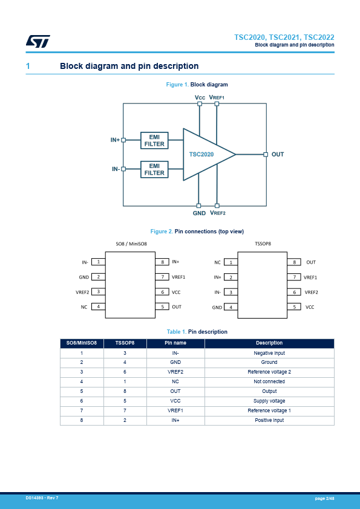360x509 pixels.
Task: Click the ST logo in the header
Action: coord(38,41)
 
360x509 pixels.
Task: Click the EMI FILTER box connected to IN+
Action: coord(154,140)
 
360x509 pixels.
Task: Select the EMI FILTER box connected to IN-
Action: coord(154,169)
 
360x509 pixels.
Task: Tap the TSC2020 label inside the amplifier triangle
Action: coord(201,155)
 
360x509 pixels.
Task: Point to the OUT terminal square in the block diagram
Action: coord(266,155)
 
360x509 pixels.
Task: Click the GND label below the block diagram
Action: coord(199,213)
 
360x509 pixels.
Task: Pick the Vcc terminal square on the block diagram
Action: coord(200,104)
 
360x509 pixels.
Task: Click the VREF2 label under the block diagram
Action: coord(218,213)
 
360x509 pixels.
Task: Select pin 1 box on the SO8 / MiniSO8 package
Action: coord(99,262)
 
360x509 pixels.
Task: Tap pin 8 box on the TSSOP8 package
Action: coord(295,262)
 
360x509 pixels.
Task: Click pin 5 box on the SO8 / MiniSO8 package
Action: coord(162,306)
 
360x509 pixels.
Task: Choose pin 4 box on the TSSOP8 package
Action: coord(231,307)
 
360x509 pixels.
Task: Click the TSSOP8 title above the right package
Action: coord(263,244)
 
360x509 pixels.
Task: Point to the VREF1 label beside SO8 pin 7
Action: coord(178,277)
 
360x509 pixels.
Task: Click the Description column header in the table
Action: coord(269,343)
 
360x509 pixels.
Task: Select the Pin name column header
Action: coord(175,343)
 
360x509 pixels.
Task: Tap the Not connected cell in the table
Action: coord(269,381)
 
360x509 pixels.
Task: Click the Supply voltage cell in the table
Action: coord(269,401)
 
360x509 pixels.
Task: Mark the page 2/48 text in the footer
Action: coord(324,498)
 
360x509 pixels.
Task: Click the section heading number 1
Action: coord(28,66)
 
